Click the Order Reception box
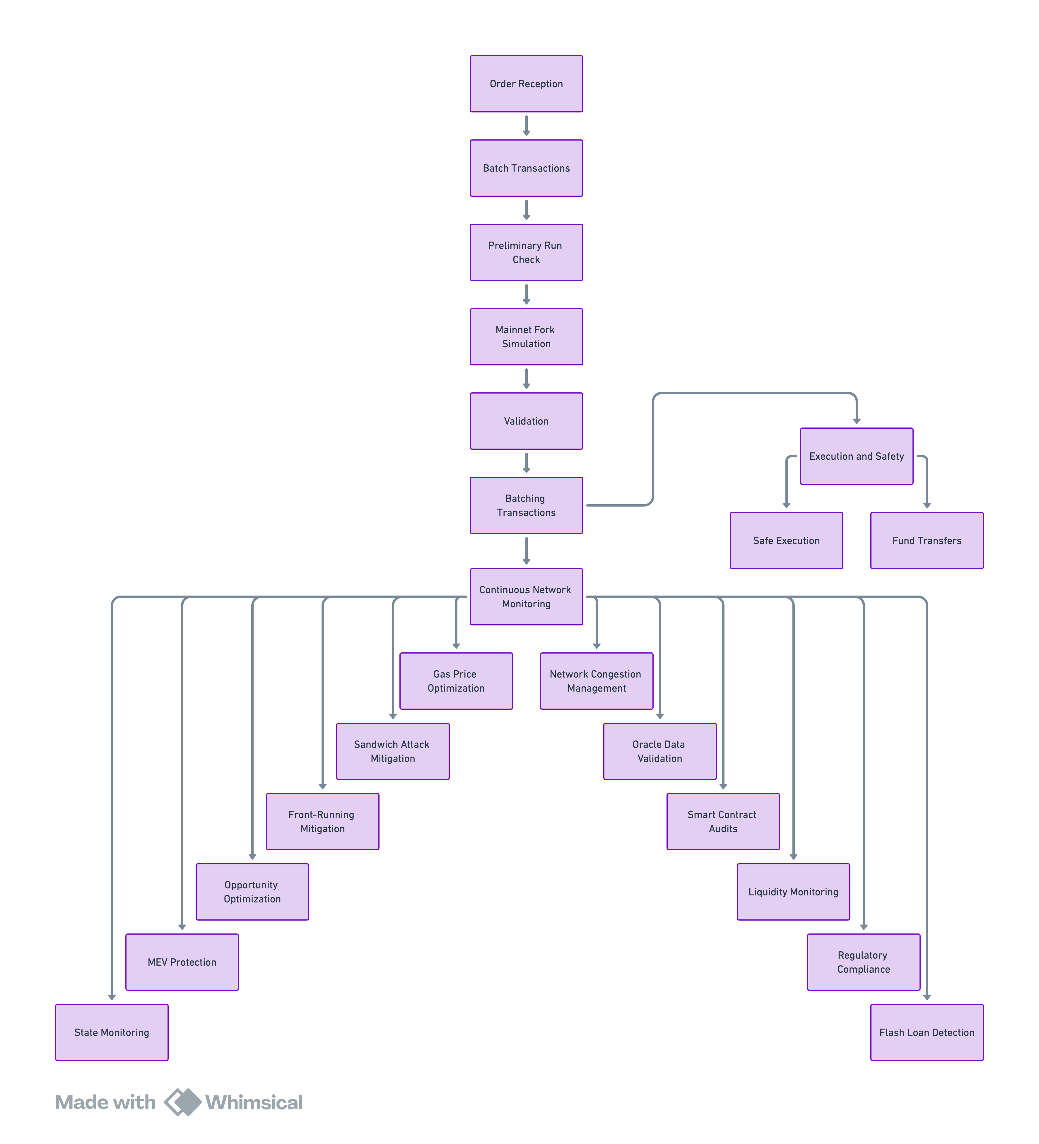(526, 84)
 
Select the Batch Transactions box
(526, 168)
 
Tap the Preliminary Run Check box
(526, 252)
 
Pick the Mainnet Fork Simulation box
(526, 336)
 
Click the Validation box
(526, 421)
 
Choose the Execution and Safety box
(856, 456)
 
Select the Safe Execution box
(786, 540)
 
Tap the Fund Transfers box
(927, 540)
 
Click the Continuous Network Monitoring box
(526, 596)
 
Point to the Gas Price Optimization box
(456, 681)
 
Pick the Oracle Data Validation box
(659, 751)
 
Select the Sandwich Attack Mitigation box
(393, 751)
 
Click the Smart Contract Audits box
(723, 822)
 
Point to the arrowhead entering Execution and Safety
(856, 420)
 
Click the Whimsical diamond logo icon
(183, 1102)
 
